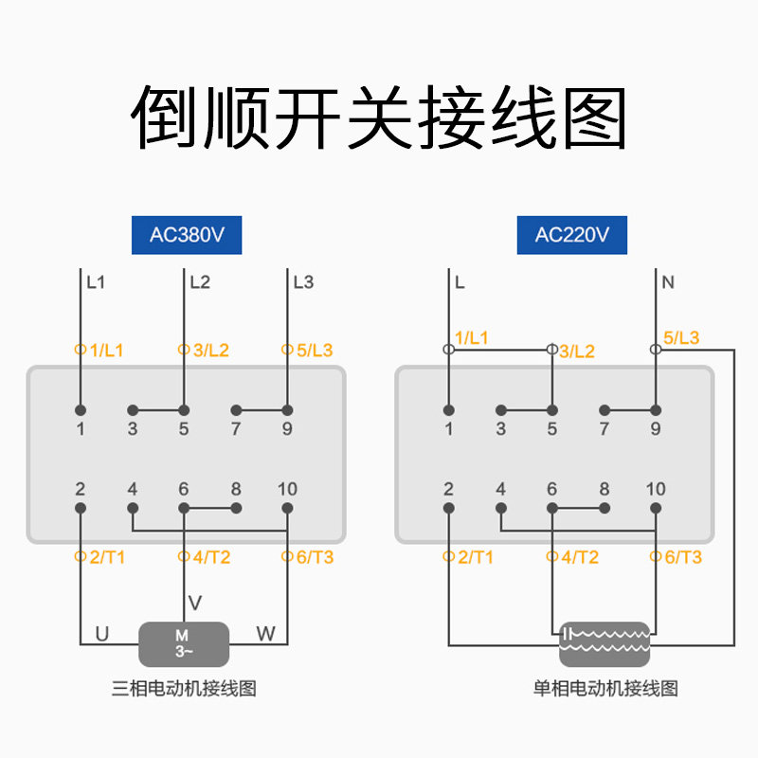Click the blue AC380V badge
[187, 235]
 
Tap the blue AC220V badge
[572, 235]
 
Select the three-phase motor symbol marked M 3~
[184, 644]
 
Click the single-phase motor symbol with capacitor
[605, 644]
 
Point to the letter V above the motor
[195, 604]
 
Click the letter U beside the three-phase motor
[102, 634]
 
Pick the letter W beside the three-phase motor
[266, 634]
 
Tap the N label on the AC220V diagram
[668, 282]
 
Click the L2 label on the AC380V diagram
[200, 282]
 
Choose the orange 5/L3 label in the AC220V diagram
[681, 338]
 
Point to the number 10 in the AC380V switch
[287, 489]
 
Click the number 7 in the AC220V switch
[604, 429]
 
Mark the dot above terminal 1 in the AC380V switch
[81, 410]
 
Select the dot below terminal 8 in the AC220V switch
[605, 508]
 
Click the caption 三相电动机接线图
[184, 689]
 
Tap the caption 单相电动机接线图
[605, 689]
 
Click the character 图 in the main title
[595, 117]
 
